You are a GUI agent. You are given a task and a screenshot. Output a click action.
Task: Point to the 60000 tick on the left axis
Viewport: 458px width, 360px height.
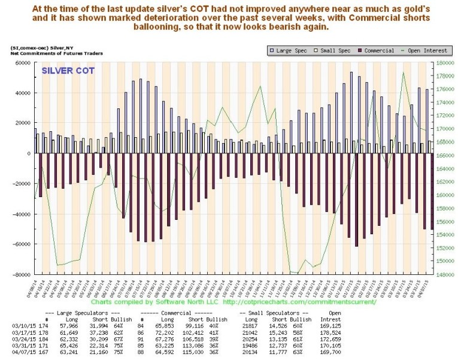pyautogui.click(x=22, y=63)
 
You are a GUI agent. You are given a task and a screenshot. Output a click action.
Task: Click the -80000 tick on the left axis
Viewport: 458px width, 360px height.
pyautogui.click(x=21, y=274)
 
